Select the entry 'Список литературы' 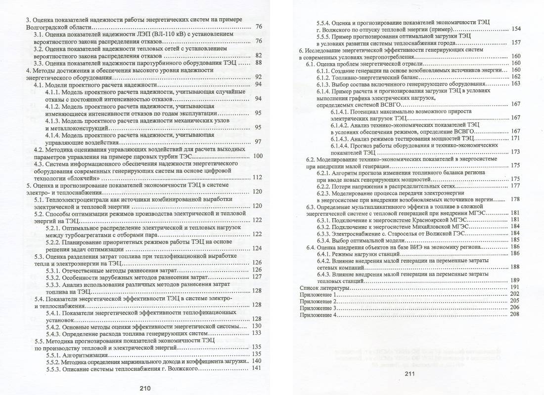pos(324,287)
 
